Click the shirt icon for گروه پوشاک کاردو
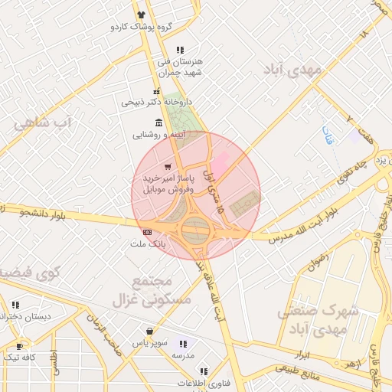(x=141, y=15)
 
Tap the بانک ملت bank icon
(x=146, y=232)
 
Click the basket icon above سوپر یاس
(x=149, y=332)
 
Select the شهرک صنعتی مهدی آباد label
(x=318, y=320)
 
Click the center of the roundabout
(x=196, y=229)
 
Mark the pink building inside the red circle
(x=220, y=163)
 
